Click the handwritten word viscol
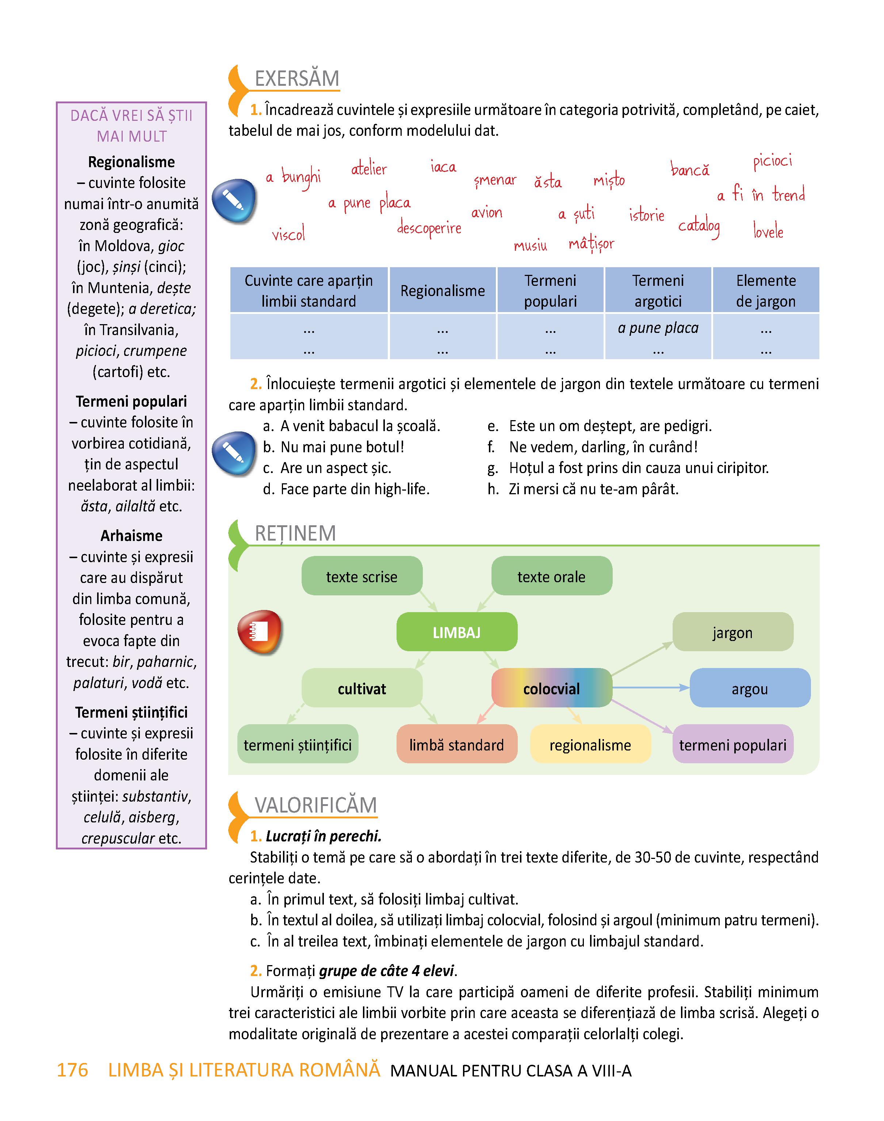[288, 234]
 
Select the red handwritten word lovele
[768, 231]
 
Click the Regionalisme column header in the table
[443, 290]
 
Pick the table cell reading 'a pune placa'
[658, 328]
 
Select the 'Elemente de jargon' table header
[766, 290]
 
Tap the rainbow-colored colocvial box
[552, 688]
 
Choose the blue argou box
[750, 688]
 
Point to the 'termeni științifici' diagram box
[298, 744]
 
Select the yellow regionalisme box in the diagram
[590, 744]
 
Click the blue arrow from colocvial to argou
[651, 687]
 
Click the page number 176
[72, 1070]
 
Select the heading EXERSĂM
[297, 78]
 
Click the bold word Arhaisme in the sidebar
[131, 535]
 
